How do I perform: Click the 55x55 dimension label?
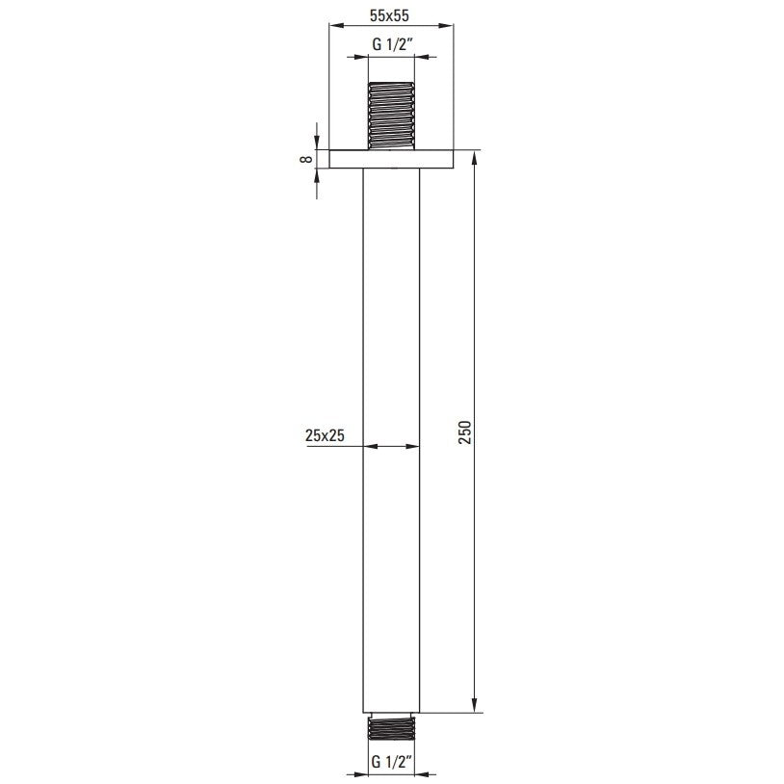tap(389, 16)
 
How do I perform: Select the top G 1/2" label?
tap(392, 45)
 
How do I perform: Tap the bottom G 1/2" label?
tap(391, 763)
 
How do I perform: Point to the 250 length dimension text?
tap(465, 432)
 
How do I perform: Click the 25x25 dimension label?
tap(325, 435)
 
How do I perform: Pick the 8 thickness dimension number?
tap(306, 159)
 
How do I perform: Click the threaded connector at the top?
tap(391, 116)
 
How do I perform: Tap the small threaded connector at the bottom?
tap(391, 727)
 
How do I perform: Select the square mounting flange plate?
tap(391, 159)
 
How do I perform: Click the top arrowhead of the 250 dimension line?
tap(474, 157)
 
